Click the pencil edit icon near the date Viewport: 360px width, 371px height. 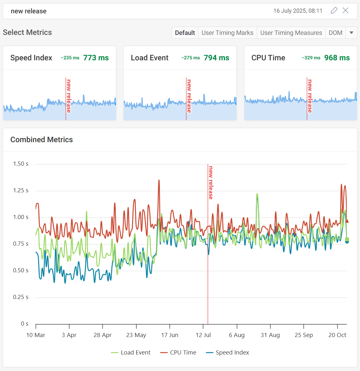[334, 11]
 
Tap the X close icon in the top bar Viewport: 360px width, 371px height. [346, 11]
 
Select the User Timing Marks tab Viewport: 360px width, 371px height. [227, 33]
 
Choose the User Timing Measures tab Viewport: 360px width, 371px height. [291, 33]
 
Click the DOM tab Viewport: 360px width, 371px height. [335, 33]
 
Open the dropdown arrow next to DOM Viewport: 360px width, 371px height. [351, 33]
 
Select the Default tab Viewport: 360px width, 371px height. [185, 33]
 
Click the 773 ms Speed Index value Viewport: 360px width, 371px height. [96, 58]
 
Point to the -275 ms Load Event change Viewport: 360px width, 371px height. [191, 58]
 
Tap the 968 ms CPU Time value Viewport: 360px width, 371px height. [337, 58]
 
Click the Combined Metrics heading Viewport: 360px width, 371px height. [42, 140]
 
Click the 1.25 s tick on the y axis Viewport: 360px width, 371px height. [21, 190]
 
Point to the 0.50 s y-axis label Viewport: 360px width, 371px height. [21, 270]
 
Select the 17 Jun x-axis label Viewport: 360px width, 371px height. [170, 335]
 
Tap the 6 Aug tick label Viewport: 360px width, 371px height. [237, 335]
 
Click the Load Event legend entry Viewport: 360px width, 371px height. [131, 353]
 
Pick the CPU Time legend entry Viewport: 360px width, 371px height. [178, 353]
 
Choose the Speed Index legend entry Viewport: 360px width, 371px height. [228, 353]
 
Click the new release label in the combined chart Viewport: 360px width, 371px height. [211, 183]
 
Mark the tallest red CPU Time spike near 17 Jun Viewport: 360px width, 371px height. [159, 181]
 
